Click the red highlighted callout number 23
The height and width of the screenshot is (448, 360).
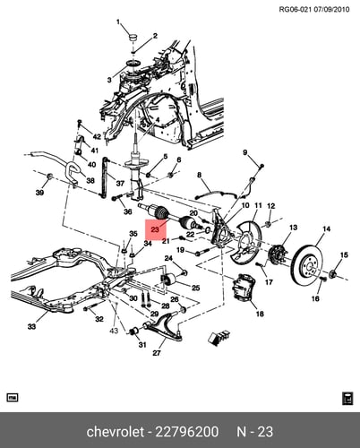pyautogui.click(x=155, y=229)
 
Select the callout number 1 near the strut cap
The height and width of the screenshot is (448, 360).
pyautogui.click(x=118, y=22)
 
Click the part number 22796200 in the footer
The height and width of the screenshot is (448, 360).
pyautogui.click(x=187, y=432)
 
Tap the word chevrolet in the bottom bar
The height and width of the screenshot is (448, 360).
pyautogui.click(x=115, y=432)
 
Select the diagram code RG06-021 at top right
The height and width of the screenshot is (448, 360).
pyautogui.click(x=296, y=9)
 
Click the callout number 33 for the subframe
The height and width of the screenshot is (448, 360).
pyautogui.click(x=31, y=326)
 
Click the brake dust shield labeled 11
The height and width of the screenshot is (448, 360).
pyautogui.click(x=245, y=245)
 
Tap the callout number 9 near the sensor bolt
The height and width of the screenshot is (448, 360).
pyautogui.click(x=245, y=152)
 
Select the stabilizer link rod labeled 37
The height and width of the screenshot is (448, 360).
pyautogui.click(x=104, y=177)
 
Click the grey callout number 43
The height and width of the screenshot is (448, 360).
pyautogui.click(x=114, y=331)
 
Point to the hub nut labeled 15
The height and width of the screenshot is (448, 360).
pyautogui.click(x=333, y=273)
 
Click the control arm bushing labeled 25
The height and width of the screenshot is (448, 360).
pyautogui.click(x=167, y=279)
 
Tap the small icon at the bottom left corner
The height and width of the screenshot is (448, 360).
pyautogui.click(x=13, y=398)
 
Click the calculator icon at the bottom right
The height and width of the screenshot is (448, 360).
pyautogui.click(x=347, y=399)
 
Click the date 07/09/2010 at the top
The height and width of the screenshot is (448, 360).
pyautogui.click(x=331, y=9)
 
